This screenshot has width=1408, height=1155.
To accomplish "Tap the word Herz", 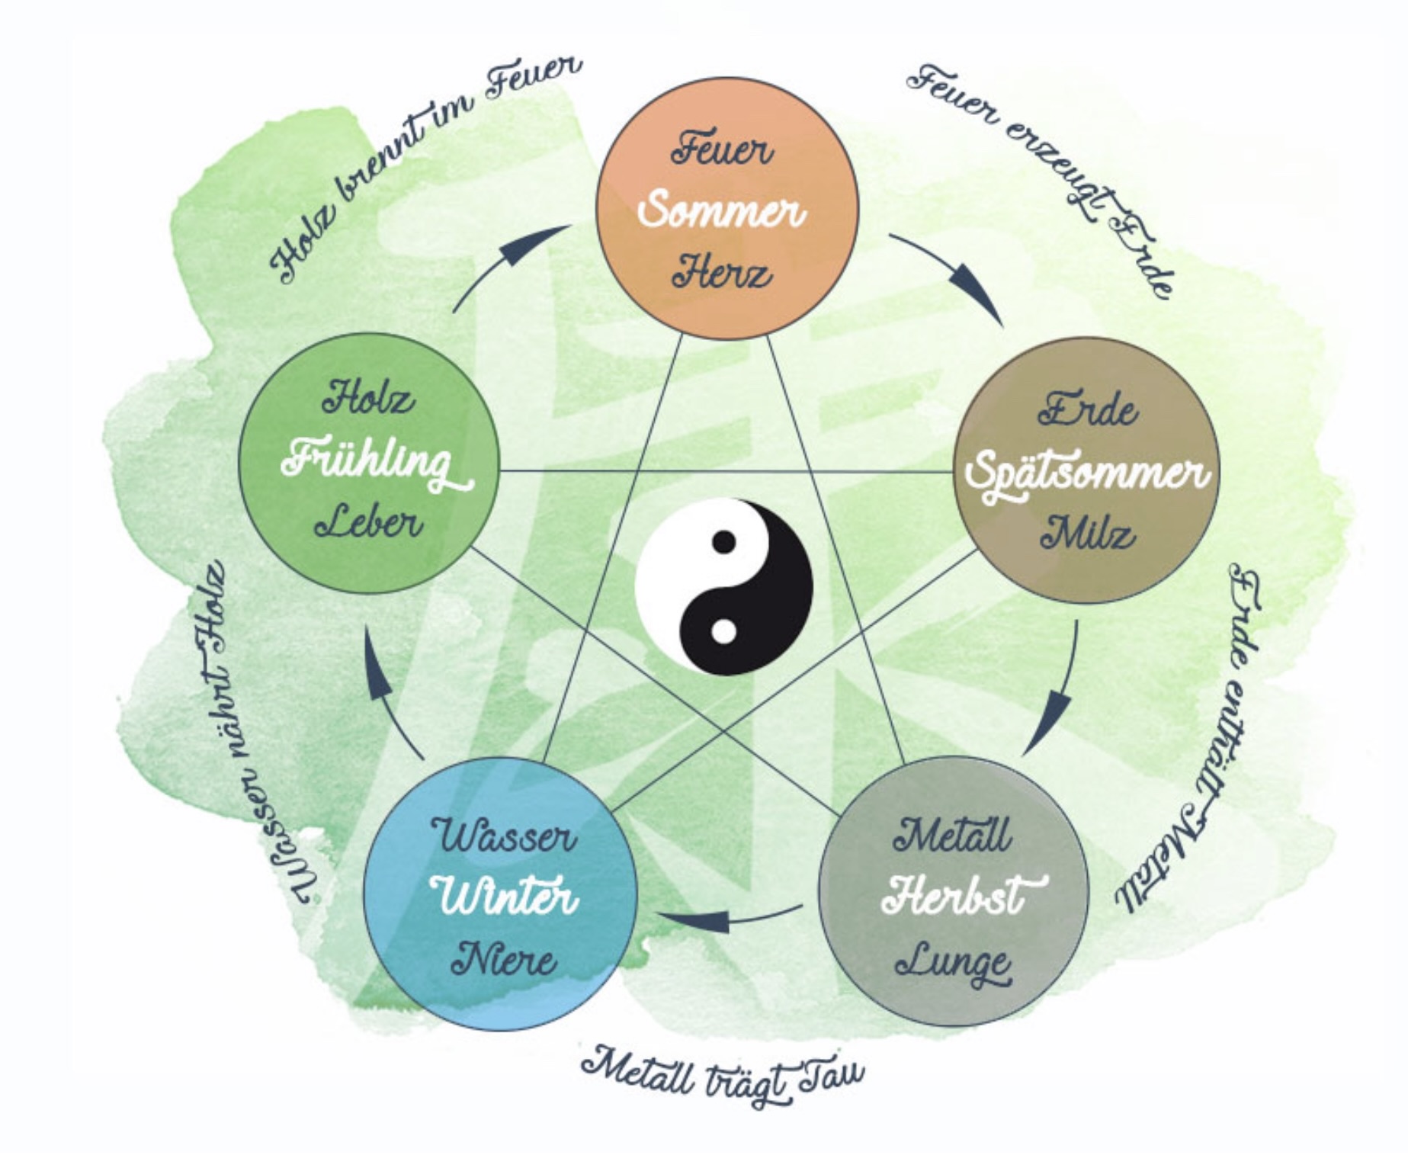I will [721, 272].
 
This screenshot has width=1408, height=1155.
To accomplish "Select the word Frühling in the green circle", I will [373, 464].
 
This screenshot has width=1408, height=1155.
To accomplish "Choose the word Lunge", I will [953, 963].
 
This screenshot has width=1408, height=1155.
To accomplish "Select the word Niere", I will [503, 958].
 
